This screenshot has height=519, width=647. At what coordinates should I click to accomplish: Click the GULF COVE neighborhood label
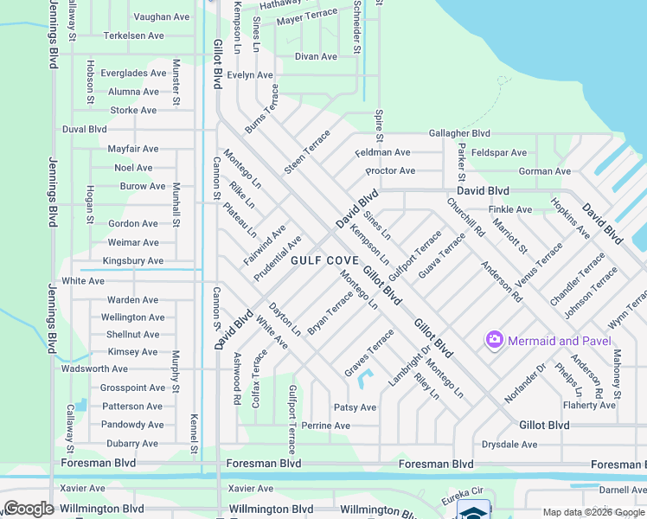pos(323,259)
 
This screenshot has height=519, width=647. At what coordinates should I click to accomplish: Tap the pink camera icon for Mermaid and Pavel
pos(495,340)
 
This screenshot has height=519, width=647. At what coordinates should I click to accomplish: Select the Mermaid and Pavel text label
pos(554,341)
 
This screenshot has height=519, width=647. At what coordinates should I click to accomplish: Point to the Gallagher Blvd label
pos(459,133)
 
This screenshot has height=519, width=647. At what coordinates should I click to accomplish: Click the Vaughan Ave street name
pos(162,16)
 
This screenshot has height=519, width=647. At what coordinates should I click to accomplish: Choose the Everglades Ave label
pos(133,73)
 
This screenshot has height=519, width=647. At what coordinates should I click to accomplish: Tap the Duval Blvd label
pos(84,129)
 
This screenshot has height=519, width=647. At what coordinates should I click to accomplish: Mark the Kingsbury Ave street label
pos(132,260)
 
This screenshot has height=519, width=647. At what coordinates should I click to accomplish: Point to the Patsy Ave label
pos(355,407)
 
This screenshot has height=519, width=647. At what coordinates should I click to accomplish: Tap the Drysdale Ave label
pos(509,445)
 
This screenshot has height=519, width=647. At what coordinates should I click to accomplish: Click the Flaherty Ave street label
pos(588,405)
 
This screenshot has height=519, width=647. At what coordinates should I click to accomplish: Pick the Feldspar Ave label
pos(499,152)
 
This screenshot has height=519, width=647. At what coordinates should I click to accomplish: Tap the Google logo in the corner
pos(29,509)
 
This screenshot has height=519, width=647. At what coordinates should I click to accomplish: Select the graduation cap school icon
pos(472,511)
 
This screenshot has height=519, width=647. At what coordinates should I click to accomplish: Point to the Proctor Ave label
pos(390,170)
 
